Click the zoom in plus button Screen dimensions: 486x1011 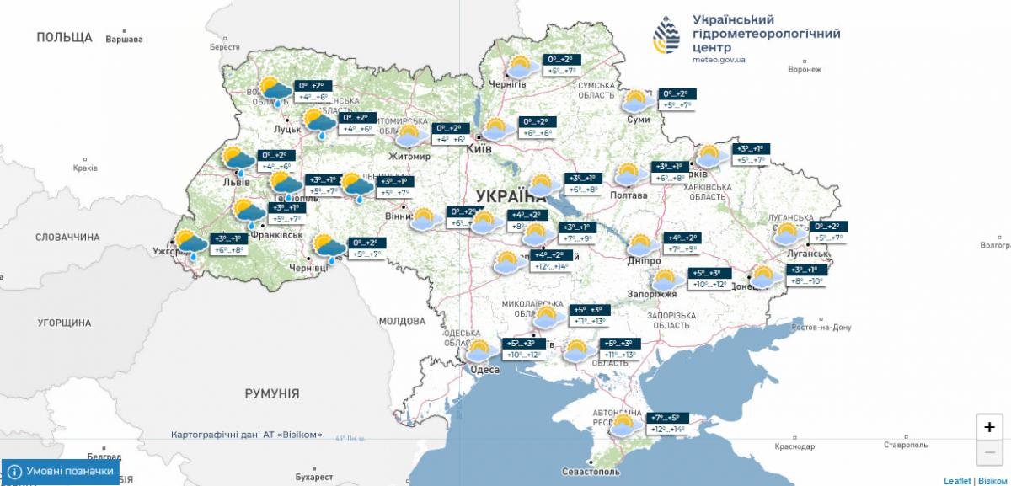tap(989, 427)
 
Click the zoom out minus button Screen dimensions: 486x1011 tap(989, 453)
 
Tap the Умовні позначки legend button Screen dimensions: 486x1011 tap(61, 472)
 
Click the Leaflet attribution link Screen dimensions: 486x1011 tap(957, 480)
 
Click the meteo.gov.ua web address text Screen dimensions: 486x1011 tap(719, 60)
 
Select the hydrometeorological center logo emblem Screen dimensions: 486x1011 tap(668, 35)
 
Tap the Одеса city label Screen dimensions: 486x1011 tap(485, 369)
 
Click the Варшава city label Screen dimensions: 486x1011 tap(125, 39)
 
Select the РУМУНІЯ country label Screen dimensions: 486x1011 tap(272, 393)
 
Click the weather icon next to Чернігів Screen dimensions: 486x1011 tap(521, 67)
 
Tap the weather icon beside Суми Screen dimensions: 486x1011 tap(636, 102)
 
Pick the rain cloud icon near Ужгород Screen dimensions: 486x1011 tap(191, 244)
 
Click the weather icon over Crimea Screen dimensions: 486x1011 tap(624, 424)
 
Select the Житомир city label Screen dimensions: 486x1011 tap(409, 157)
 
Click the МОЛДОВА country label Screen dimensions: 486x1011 tap(403, 321)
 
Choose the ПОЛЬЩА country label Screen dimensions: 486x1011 tap(64, 37)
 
